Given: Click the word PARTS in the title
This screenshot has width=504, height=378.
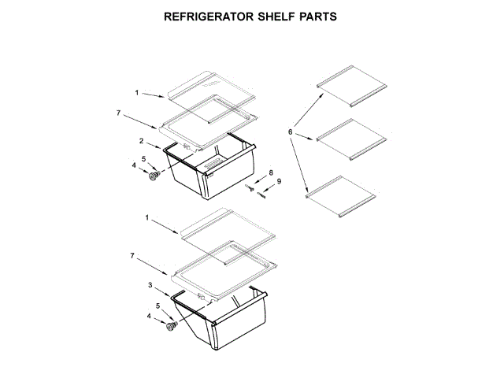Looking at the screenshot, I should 323,16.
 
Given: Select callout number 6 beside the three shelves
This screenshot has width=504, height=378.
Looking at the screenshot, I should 291,132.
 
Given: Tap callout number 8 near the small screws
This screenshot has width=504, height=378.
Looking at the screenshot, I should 271,172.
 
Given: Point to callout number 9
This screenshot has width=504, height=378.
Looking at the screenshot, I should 278,182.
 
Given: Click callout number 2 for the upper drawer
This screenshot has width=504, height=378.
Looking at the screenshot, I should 141,141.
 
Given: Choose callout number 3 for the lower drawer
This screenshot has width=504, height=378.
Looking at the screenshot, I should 150,285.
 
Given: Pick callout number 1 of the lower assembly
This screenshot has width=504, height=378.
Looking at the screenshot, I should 147,217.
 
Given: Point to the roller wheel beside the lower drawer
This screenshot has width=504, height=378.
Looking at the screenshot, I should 169,325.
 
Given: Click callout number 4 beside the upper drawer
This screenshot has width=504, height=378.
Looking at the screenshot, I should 134,165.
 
